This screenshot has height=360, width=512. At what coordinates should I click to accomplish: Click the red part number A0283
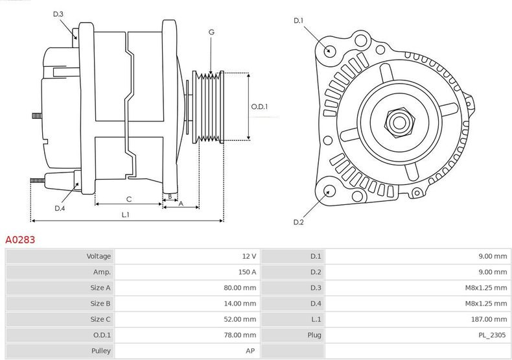(20, 240)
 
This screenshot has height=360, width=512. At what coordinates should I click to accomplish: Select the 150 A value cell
(247, 272)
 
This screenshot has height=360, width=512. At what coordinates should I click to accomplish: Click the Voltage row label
(99, 256)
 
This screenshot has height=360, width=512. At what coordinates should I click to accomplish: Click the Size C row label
(100, 320)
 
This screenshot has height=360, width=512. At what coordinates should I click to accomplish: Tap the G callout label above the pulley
(211, 32)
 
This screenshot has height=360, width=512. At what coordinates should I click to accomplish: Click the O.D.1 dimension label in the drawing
(259, 107)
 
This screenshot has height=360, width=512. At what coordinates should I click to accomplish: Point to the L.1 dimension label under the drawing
(126, 215)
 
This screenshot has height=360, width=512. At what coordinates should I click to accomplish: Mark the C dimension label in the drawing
(129, 198)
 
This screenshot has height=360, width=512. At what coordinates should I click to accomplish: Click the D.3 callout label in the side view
(58, 14)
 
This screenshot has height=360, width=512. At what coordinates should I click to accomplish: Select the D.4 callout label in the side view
(60, 208)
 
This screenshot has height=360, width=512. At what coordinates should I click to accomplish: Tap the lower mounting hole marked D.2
(329, 190)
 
